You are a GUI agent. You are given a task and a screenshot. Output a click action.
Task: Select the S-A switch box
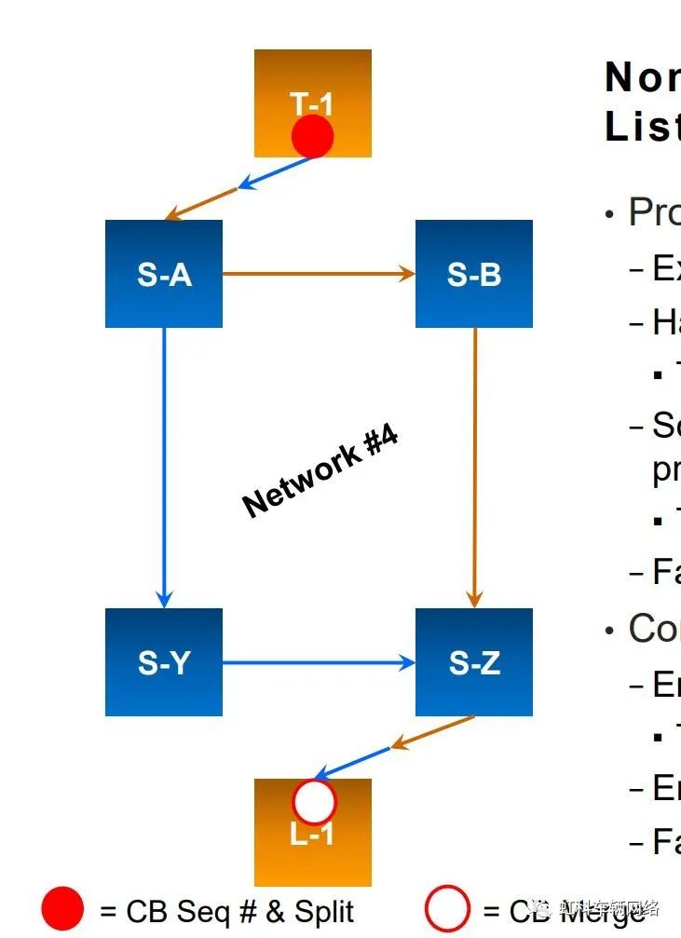click(164, 274)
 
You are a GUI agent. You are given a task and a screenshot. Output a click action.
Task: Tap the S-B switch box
click(473, 274)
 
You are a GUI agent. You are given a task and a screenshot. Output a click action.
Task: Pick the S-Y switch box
click(164, 662)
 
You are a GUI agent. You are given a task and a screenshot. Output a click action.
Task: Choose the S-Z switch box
click(473, 662)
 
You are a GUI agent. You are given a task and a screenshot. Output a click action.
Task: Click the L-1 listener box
click(312, 843)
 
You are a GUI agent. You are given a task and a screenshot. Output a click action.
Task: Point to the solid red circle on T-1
click(312, 137)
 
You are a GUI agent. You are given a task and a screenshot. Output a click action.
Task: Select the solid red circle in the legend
click(63, 910)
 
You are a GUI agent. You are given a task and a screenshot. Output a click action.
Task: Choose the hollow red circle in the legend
click(446, 910)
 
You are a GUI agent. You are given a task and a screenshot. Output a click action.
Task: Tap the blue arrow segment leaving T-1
click(275, 173)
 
